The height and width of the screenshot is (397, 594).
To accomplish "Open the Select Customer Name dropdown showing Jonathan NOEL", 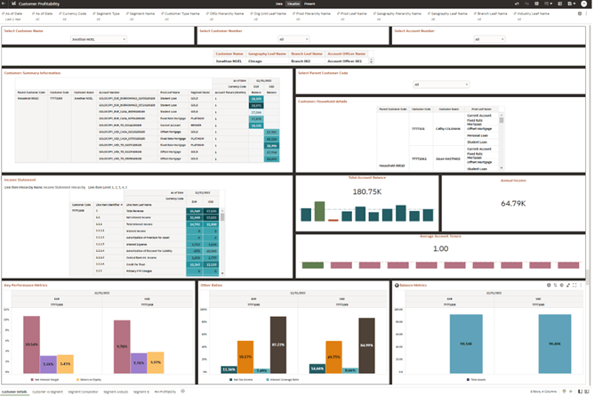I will tap(98, 40).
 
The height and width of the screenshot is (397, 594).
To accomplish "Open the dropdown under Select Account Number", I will tap(489, 40).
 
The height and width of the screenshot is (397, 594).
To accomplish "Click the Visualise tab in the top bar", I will tap(294, 4).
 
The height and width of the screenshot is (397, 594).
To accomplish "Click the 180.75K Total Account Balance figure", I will tap(366, 191).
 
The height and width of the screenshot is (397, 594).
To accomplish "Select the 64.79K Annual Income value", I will tap(513, 203).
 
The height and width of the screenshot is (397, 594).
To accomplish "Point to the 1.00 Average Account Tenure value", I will tap(440, 248).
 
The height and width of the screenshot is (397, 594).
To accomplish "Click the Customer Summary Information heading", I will tap(32, 73).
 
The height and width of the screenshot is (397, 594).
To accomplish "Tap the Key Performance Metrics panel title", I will tap(26, 286).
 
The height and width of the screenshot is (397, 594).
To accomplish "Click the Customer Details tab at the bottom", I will tap(13, 392).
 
